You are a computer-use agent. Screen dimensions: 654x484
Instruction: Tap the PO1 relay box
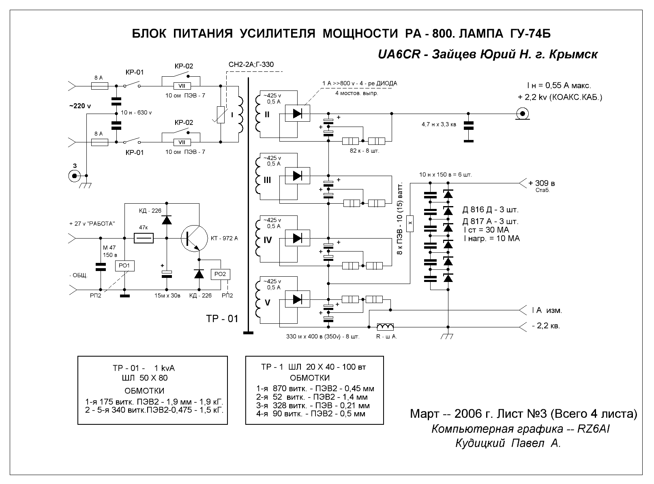[x=125, y=266]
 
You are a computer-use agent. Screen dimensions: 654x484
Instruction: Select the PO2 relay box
[x=220, y=274]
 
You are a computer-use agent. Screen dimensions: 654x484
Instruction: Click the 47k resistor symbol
[x=144, y=238]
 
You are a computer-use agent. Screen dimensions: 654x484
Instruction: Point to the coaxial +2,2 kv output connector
[x=523, y=114]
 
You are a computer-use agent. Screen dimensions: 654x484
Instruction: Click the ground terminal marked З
[x=74, y=176]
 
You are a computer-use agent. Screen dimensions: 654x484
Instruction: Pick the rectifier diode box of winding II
[x=297, y=113]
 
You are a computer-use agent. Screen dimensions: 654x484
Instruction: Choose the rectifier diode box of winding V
[x=297, y=299]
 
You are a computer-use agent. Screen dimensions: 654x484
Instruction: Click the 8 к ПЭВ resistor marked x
[x=410, y=224]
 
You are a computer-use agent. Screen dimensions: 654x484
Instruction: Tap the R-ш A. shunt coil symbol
[x=385, y=327]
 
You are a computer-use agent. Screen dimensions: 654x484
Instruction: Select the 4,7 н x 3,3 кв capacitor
[x=468, y=126]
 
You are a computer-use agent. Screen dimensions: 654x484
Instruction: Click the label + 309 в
[x=542, y=183]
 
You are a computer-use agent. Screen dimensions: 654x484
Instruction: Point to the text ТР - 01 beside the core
[x=222, y=319]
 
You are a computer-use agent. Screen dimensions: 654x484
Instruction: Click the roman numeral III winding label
[x=267, y=180]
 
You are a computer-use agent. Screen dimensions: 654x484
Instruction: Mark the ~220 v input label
[x=80, y=106]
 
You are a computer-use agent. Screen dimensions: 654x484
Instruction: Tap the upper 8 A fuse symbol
[x=100, y=86]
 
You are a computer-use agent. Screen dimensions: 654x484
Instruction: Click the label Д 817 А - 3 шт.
[x=490, y=221]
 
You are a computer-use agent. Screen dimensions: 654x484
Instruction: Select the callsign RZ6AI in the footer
[x=593, y=429]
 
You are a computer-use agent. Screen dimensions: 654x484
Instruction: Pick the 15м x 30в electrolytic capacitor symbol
[x=167, y=274]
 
